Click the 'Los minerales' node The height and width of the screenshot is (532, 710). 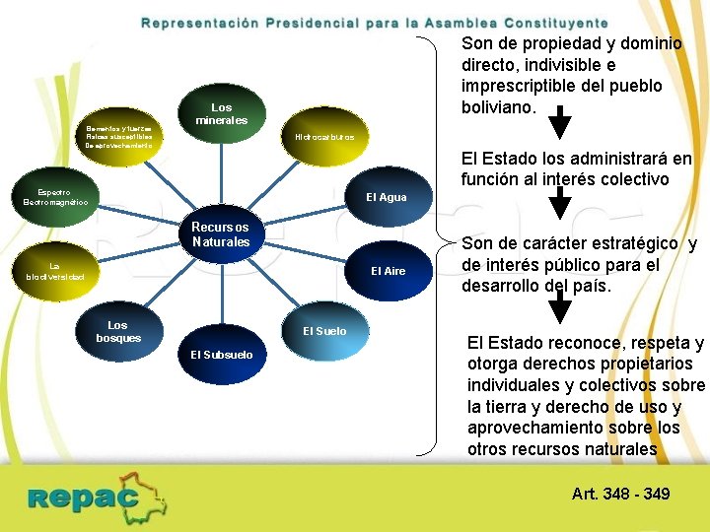[222, 114]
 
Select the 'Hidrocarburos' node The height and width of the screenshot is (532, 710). [324, 137]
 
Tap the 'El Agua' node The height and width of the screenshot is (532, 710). [386, 197]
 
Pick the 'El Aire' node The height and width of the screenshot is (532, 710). [388, 271]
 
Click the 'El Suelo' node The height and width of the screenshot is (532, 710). [324, 331]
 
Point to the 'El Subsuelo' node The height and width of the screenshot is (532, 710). [221, 354]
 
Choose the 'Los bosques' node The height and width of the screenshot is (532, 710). [118, 331]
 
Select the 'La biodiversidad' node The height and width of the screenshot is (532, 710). [55, 271]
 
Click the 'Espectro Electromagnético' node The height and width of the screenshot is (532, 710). [55, 196]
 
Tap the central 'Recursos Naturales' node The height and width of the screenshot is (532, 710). [221, 234]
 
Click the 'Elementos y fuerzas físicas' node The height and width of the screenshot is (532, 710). [118, 137]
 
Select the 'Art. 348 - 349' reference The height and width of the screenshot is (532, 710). [620, 493]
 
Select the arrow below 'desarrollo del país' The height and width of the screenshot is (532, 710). [559, 309]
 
